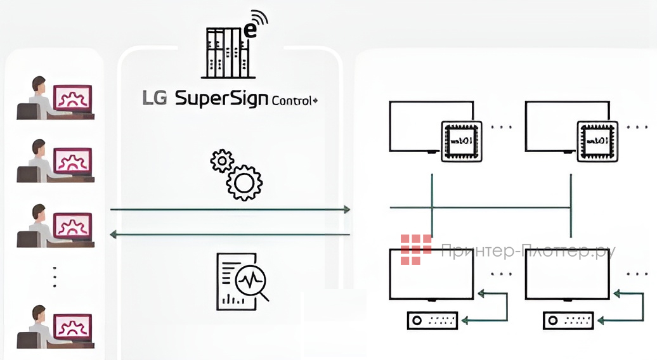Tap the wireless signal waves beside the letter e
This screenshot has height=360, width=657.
[x=258, y=19]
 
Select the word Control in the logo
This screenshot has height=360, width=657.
[x=291, y=100]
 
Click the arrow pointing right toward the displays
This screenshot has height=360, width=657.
[x=346, y=209]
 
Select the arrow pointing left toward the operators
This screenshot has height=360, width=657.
[x=115, y=235]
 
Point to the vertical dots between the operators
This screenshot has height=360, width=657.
[x=55, y=276]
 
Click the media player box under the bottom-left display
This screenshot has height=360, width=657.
[x=432, y=321]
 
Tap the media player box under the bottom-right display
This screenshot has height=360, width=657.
[x=568, y=321]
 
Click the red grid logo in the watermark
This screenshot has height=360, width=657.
[x=415, y=249]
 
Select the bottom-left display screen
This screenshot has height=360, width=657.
[x=431, y=274]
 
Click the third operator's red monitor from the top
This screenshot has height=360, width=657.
[x=73, y=225]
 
